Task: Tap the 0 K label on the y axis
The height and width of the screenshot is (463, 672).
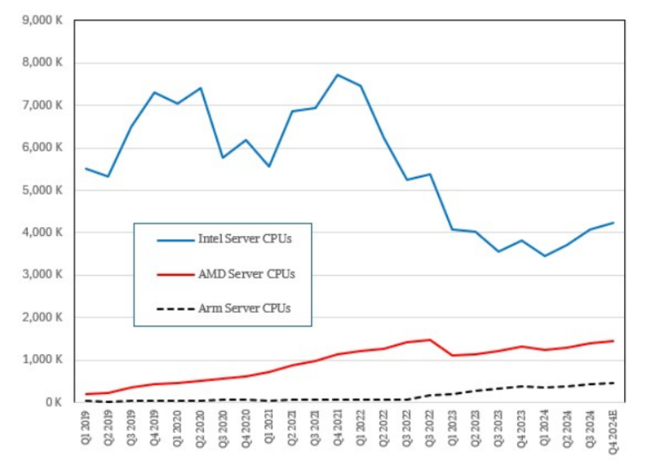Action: click(53, 402)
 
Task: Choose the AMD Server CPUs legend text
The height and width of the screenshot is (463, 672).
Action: click(246, 274)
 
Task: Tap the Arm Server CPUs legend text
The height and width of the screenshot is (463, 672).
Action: click(244, 308)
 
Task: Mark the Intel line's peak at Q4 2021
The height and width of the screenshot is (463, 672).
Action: click(338, 75)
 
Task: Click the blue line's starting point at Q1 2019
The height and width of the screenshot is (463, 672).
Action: click(86, 169)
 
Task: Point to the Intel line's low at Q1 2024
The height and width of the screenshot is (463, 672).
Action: click(545, 256)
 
